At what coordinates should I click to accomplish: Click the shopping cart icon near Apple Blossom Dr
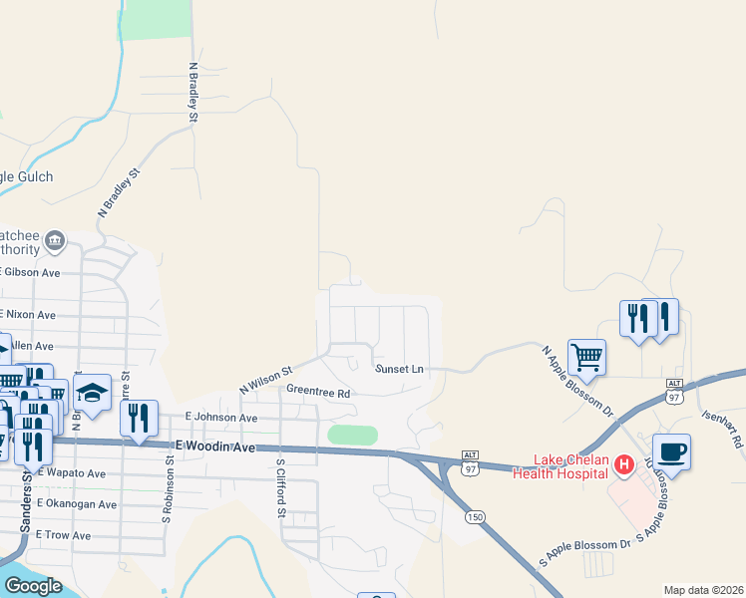[x=586, y=356]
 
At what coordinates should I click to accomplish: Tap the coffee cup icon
[x=671, y=450]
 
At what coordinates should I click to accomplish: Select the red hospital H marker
[x=624, y=464]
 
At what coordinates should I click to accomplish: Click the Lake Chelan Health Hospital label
[x=560, y=465]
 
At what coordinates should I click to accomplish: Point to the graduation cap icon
[x=92, y=393]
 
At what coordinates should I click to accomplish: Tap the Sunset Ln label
[x=399, y=369]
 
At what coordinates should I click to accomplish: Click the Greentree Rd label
[x=317, y=393]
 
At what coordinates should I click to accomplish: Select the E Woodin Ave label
[x=215, y=447]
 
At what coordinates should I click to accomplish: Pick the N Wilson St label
[x=263, y=377]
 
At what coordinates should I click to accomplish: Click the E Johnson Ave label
[x=221, y=418]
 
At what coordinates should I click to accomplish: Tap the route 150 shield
[x=475, y=515]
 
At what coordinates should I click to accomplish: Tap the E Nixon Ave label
[x=29, y=314]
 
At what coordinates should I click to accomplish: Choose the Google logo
[x=32, y=586]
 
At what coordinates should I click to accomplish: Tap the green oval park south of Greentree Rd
[x=353, y=436]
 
